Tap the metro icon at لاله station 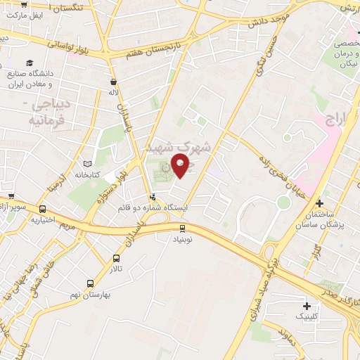tap(113, 81)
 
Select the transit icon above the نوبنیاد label tap(183, 228)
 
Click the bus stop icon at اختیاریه tap(43, 209)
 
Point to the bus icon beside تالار tap(117, 258)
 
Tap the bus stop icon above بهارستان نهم tap(89, 283)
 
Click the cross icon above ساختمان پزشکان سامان tap(320, 202)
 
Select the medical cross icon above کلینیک tap(307, 306)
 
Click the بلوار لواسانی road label tap(73, 47)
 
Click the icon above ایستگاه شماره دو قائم tap(153, 197)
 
